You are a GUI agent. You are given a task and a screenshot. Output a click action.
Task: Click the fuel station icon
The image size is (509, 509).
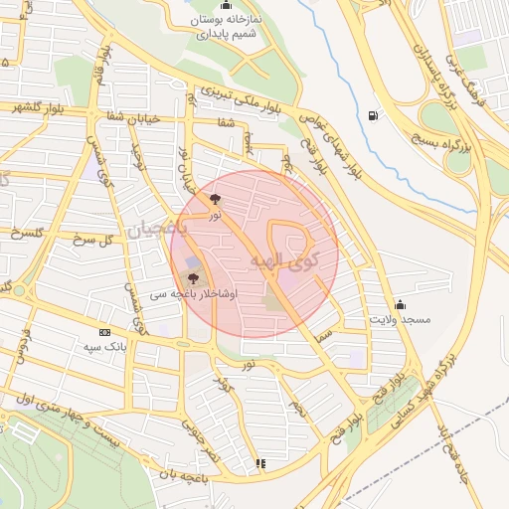click(x=373, y=116)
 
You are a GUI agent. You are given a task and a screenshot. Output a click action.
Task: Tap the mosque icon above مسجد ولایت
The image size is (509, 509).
click(x=400, y=303)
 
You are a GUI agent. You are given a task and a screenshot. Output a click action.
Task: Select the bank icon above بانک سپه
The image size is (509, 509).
click(x=104, y=331)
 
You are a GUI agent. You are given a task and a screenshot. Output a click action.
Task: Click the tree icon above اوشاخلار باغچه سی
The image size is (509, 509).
click(x=192, y=278)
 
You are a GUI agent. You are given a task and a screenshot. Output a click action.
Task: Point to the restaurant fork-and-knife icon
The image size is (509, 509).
click(x=260, y=462)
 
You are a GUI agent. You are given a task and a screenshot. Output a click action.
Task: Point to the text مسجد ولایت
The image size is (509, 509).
click(x=399, y=320)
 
